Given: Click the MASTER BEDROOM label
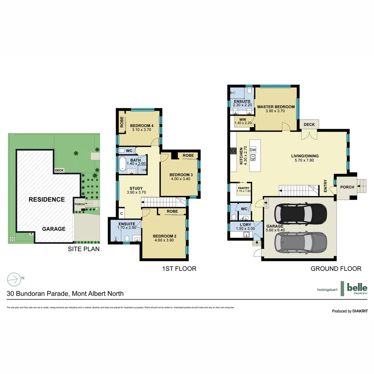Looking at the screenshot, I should (276, 107).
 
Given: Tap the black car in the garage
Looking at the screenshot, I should (300, 214).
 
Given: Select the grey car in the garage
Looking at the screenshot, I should (300, 242).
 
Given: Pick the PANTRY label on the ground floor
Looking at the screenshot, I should (243, 188).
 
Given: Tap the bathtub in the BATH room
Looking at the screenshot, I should (123, 164).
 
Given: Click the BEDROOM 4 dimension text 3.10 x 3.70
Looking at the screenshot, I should (142, 130).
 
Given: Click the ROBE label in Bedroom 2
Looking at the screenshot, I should (172, 211).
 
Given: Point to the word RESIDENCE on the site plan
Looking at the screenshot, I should (46, 199).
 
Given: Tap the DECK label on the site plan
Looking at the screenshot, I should (59, 170).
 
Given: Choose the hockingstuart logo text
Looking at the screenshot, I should (328, 290).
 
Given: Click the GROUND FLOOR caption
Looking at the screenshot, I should (336, 268).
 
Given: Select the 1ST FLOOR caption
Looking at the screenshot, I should (179, 268).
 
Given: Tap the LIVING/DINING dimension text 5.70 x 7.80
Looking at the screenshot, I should (305, 160).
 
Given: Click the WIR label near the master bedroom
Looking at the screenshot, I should (242, 119).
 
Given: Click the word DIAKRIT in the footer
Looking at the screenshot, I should (360, 311).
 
